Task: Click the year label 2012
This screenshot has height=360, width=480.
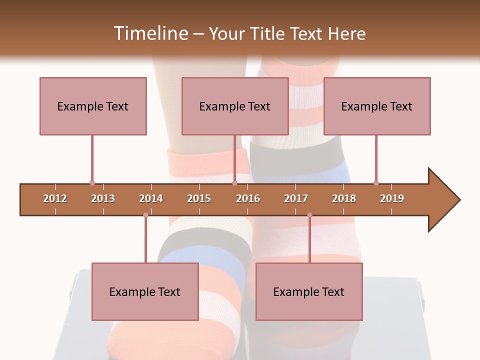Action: click(55, 198)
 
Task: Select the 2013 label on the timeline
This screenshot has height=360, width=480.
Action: click(103, 198)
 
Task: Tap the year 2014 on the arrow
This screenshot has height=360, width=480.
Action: click(151, 198)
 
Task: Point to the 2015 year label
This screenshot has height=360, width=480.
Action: click(199, 198)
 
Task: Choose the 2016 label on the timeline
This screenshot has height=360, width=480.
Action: click(248, 198)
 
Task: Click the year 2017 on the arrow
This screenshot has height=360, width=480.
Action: click(296, 198)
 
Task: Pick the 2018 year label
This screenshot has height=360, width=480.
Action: click(344, 198)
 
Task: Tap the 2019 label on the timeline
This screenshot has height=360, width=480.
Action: click(392, 198)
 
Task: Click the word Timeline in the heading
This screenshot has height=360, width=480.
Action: click(150, 33)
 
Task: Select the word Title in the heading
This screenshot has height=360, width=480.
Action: click(269, 33)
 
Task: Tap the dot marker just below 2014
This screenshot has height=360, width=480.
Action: click(145, 215)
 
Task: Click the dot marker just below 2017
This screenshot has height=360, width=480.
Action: click(309, 215)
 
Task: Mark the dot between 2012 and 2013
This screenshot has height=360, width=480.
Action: click(92, 183)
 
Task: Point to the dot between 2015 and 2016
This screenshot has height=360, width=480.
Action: click(234, 183)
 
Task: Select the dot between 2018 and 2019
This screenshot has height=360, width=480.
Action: click(376, 183)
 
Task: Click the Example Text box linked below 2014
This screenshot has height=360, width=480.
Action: click(145, 291)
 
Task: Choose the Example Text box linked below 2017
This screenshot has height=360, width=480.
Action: click(309, 291)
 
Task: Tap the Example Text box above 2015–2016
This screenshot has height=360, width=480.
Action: click(235, 106)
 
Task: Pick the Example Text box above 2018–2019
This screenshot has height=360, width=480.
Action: click(377, 106)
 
